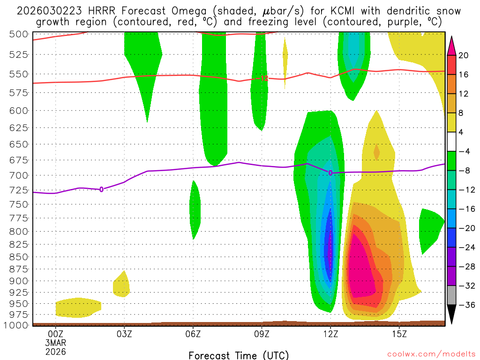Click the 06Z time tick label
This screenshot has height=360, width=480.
pos(193,334)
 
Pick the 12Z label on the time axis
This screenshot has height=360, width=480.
pos(330,334)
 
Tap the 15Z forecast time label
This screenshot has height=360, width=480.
pos(399,334)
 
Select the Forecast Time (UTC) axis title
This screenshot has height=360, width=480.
pos(239,355)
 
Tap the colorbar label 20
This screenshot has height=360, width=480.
pos(464,55)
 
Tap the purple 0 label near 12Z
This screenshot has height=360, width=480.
pos(330,173)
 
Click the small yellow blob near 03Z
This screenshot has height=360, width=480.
pos(121,285)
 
